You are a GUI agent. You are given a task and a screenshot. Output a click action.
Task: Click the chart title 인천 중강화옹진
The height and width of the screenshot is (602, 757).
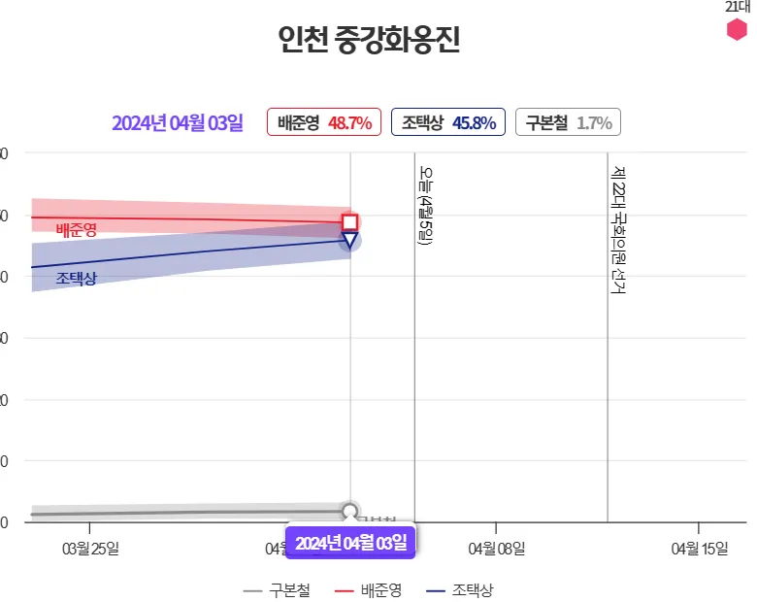pos(368,41)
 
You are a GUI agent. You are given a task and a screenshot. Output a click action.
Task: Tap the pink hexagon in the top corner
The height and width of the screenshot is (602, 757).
pos(738,30)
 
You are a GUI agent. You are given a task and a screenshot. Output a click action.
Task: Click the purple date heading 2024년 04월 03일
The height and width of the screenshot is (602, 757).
pos(177,123)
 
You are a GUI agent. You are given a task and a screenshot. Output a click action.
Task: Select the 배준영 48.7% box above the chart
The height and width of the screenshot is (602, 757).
pos(324,123)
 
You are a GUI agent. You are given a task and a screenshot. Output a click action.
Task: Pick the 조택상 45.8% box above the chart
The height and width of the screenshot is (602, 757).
pos(448,123)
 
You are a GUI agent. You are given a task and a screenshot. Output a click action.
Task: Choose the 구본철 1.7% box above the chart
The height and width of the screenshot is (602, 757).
pos(568,123)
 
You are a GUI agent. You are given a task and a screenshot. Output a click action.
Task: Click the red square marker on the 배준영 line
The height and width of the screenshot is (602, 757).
pos(350,222)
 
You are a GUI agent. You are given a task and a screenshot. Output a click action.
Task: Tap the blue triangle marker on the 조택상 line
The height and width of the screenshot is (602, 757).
pos(350,240)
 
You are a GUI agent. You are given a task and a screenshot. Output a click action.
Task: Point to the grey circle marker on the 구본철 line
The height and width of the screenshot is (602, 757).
pos(350,512)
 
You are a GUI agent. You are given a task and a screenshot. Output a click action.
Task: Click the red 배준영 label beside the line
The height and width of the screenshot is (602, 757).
pos(76,230)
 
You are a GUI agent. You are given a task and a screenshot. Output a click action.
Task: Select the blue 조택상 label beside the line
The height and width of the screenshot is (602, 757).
pos(76,279)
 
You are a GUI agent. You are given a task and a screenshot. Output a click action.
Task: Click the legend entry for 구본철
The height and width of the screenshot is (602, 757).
pos(278,589)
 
